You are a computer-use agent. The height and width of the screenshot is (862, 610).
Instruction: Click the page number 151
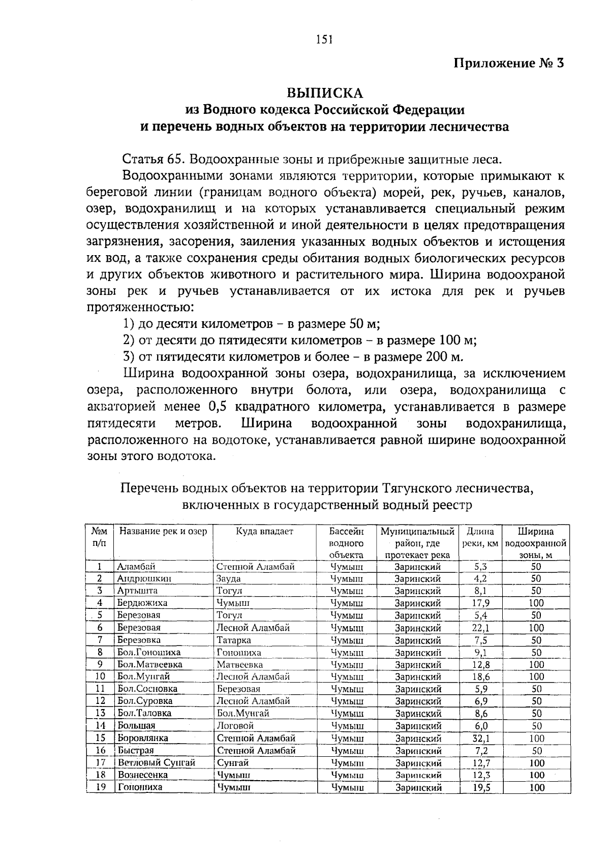coord(324,39)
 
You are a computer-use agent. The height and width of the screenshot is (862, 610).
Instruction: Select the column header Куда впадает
coord(264,532)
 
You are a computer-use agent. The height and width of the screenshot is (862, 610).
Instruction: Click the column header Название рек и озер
coord(163,532)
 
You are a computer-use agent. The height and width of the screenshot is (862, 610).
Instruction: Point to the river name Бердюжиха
coord(142,603)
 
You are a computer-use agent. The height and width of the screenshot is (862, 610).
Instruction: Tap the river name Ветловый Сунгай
coord(156,763)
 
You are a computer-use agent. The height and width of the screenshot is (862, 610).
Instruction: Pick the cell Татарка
coord(233,640)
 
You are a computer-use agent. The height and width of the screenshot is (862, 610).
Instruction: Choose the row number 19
coord(100,787)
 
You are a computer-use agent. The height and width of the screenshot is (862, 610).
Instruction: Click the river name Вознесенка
coord(142,775)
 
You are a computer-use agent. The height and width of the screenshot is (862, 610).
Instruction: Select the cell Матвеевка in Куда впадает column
coord(239,664)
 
